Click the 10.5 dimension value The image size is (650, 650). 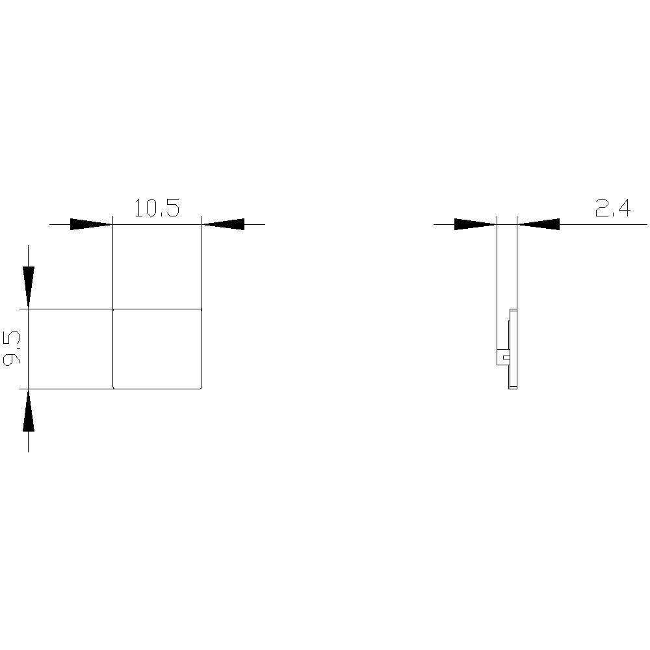pos(156,208)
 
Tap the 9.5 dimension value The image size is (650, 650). pos(12,348)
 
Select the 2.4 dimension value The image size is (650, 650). pos(612,208)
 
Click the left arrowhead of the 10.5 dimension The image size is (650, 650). pos(91,224)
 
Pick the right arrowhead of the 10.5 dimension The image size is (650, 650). pos(224,224)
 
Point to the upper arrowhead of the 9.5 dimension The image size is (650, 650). pos(28,287)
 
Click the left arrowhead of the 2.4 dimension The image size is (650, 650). pos(475,224)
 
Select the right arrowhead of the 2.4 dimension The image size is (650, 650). pos(539,224)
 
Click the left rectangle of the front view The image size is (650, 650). pos(70,348)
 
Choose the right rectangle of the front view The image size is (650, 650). pos(157,348)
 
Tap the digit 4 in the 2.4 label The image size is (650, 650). pos(623,208)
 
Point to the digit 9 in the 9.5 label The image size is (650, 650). pos(12,359)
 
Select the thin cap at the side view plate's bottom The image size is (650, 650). pos(513,387)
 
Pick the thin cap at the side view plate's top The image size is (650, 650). pos(513,311)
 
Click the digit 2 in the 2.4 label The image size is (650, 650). pos(601,208)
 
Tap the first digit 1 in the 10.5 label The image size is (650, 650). pos(138,208)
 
